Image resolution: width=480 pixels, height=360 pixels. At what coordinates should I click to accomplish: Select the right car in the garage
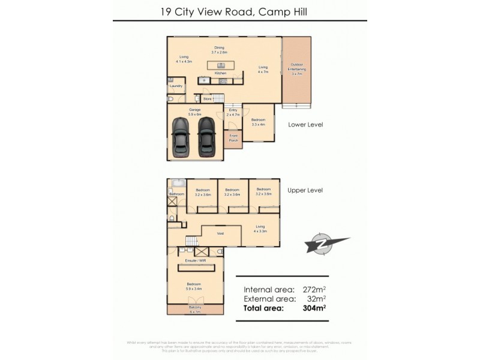click(206, 136)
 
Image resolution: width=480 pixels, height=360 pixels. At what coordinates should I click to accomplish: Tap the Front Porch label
click(233, 138)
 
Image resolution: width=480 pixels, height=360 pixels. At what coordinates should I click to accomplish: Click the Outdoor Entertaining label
click(298, 70)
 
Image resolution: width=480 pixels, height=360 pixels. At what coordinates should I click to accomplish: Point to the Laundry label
click(175, 86)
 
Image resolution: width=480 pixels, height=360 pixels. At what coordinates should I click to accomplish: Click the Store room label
click(208, 98)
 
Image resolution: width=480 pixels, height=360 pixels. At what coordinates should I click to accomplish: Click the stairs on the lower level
click(220, 98)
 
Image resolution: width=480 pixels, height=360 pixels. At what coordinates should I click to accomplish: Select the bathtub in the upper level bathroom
click(177, 184)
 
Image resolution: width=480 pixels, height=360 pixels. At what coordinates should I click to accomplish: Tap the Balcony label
click(195, 308)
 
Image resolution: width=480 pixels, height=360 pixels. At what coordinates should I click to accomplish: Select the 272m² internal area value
click(313, 288)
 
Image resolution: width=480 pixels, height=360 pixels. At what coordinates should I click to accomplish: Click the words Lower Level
click(305, 125)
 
